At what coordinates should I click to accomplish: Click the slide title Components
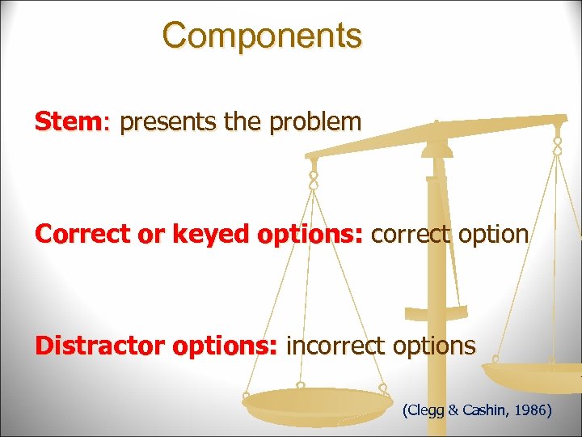click(262, 36)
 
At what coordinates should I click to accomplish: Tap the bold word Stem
click(68, 122)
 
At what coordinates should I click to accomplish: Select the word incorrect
click(336, 346)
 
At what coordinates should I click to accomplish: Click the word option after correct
click(491, 235)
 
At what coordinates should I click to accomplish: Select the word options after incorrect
click(434, 346)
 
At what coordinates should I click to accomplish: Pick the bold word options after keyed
click(311, 235)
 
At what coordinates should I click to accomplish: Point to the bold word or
click(143, 235)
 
